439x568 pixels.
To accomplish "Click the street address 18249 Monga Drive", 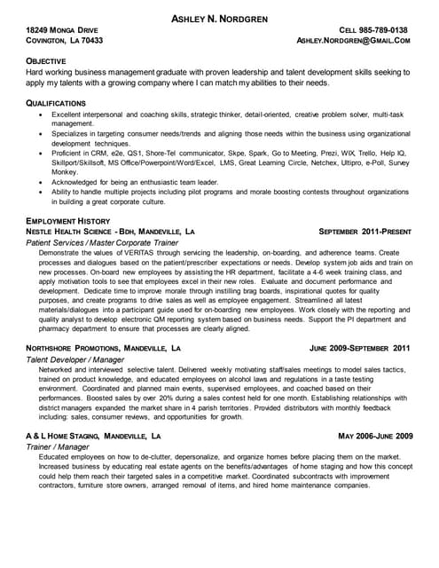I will (65, 30).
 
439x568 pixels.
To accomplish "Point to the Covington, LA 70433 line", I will (65, 41).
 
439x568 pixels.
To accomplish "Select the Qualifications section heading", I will (57, 104).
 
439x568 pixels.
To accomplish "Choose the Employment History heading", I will (68, 219).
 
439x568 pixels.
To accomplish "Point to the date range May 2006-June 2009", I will (376, 437).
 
